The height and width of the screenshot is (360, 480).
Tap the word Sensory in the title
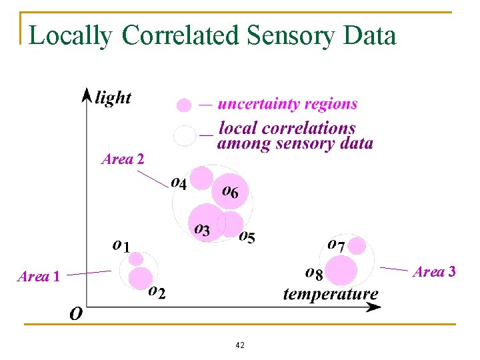point(293,35)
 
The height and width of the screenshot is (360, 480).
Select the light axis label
point(113,98)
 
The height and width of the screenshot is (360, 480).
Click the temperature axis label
point(331,293)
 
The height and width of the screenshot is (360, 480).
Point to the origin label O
point(76,313)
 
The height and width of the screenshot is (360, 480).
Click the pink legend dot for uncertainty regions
point(184,105)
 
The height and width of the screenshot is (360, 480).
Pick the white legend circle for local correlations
point(185,135)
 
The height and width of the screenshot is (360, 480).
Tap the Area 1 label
point(39,276)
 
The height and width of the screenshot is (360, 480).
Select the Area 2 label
point(123,159)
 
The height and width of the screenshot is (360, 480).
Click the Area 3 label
point(434,271)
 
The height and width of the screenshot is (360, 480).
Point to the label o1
point(121,245)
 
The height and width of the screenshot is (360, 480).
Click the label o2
point(157,291)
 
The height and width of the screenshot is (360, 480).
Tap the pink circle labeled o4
point(201,178)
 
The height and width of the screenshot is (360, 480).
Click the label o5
point(247,237)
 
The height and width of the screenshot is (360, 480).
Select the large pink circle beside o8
point(341,270)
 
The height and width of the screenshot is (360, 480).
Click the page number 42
point(240,345)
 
